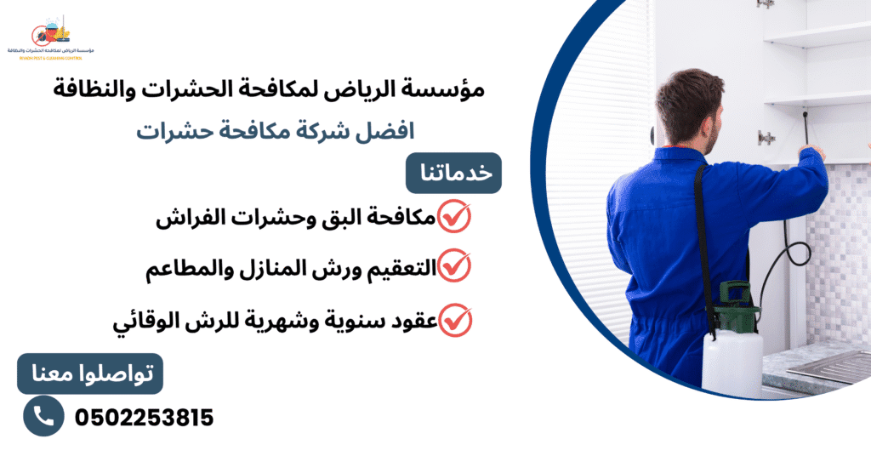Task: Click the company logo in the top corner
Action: [x=50, y=39]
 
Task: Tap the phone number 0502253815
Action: [x=144, y=418]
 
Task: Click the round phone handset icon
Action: [x=43, y=415]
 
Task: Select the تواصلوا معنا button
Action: [x=90, y=373]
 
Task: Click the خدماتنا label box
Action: [x=454, y=173]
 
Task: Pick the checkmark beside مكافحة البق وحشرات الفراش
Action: [x=454, y=217]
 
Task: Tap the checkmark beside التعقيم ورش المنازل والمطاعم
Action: [x=454, y=267]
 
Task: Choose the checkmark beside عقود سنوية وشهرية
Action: [x=456, y=320]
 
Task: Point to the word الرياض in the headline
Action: [x=375, y=88]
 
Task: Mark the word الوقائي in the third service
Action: [x=145, y=322]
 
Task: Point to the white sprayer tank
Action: [x=731, y=365]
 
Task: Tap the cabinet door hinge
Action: [x=766, y=137]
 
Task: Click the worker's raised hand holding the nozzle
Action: [x=810, y=154]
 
